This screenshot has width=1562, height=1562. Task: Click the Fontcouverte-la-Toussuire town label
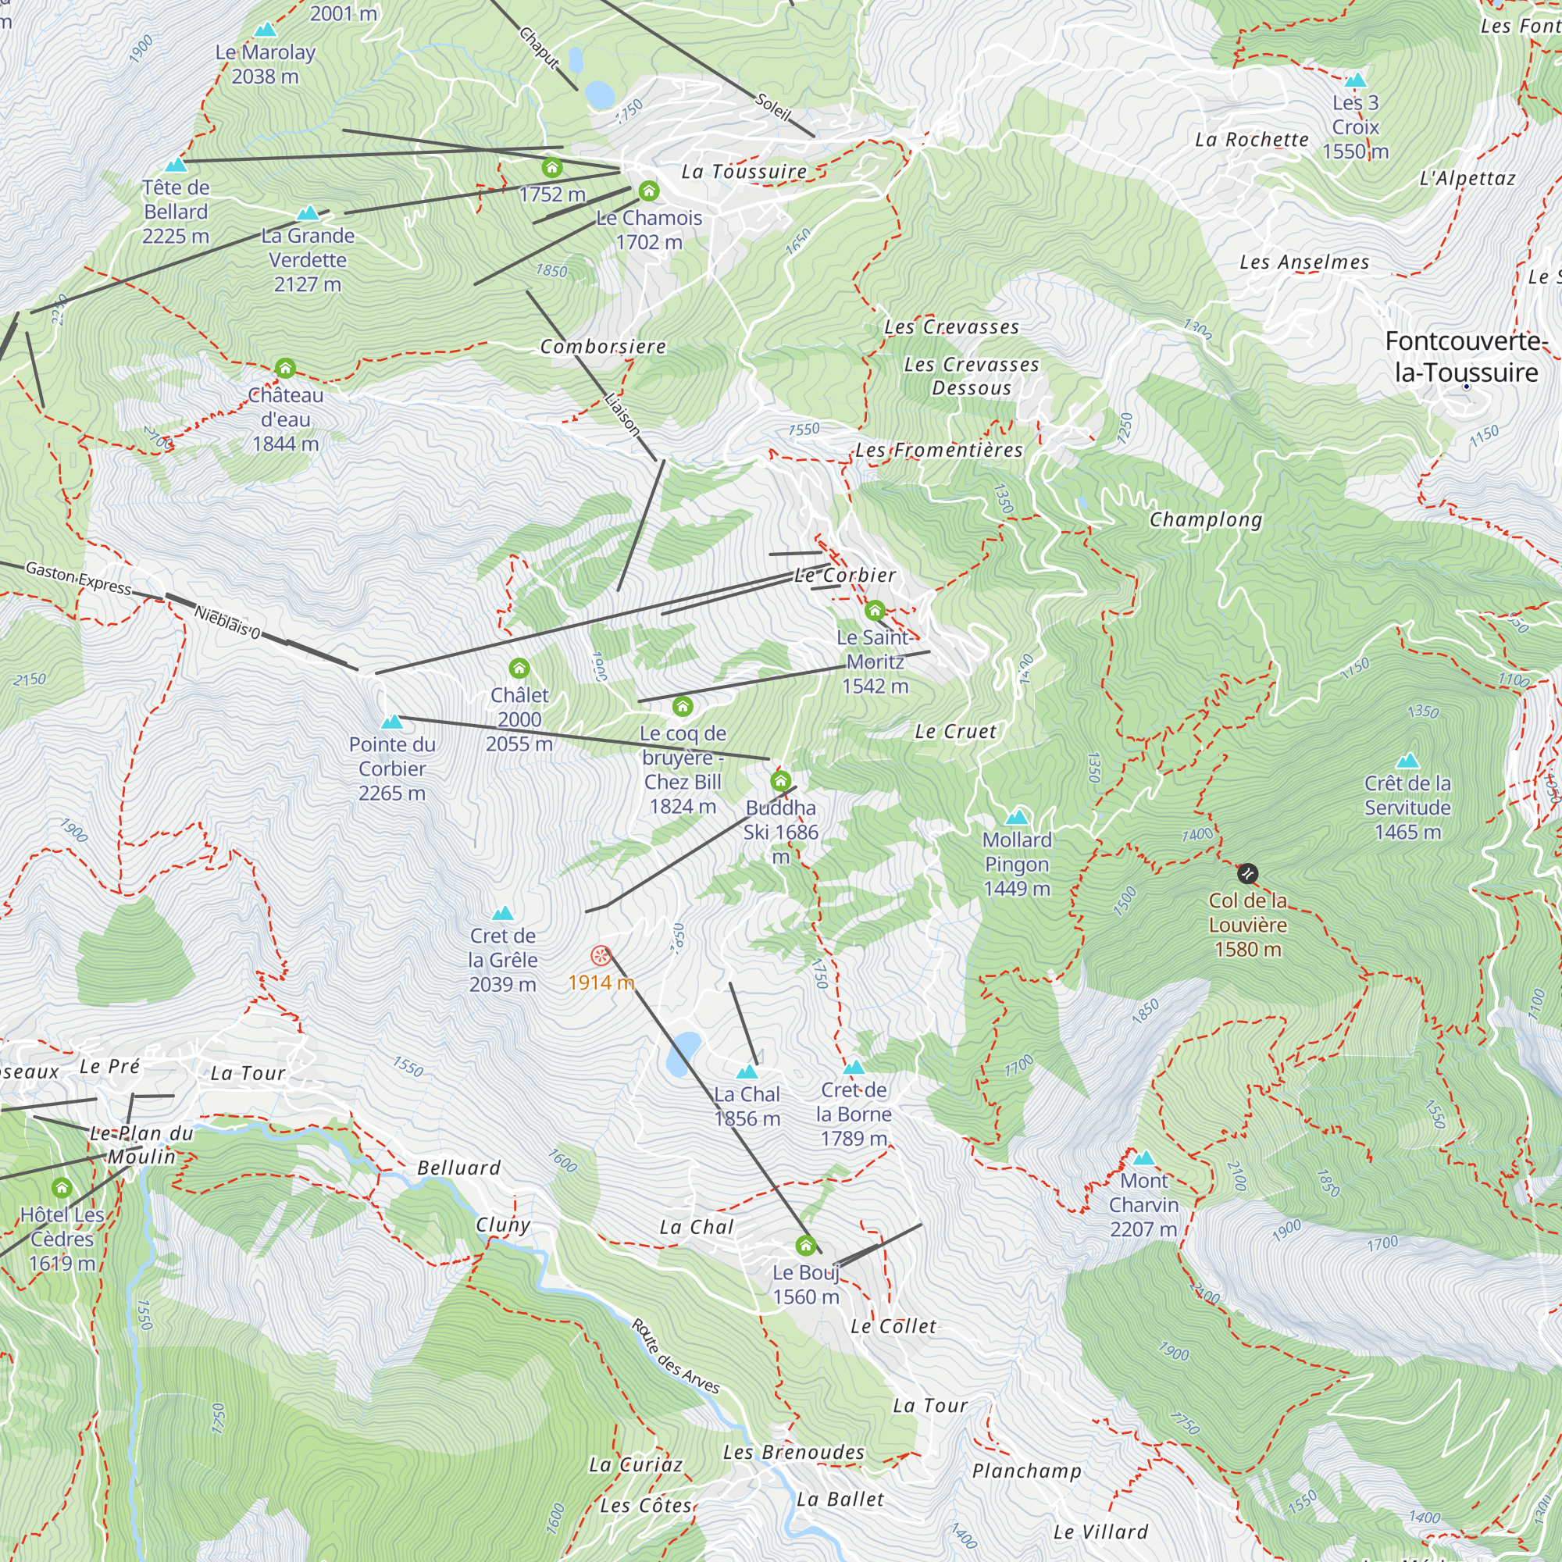pos(1465,357)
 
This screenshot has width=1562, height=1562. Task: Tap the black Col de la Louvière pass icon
pos(1247,874)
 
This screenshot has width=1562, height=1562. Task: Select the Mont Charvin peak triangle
pos(1143,1157)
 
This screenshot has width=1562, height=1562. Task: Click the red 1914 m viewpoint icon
pos(601,957)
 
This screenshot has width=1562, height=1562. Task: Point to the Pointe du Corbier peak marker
pos(392,721)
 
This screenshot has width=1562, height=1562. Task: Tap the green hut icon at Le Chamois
pos(648,191)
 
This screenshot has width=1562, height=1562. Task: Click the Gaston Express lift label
pos(78,578)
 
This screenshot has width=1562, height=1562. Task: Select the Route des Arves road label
pos(675,1356)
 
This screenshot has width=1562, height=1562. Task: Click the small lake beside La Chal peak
pos(684,1054)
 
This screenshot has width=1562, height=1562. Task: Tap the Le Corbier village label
pos(845,575)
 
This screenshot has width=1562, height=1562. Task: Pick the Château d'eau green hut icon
pos(284,369)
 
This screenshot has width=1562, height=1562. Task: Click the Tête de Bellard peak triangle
pos(176,165)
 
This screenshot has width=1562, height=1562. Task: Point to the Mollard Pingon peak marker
pos(1016,817)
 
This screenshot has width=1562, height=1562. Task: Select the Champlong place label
pos(1205,519)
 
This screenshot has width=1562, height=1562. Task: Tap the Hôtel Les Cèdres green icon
pos(62,1188)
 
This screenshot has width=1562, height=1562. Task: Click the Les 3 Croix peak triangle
pos(1355,80)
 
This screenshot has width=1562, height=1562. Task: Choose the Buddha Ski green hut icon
pos(780,781)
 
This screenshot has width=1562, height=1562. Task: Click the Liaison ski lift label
pos(622,415)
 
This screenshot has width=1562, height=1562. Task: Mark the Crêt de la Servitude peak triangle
pos(1407,760)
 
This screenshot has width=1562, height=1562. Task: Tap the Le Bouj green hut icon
pos(805,1245)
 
